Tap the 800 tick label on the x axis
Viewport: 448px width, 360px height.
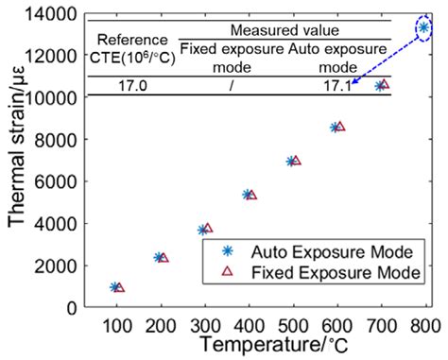click(425, 325)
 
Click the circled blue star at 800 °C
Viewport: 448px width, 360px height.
click(424, 27)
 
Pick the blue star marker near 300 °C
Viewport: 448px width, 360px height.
click(202, 230)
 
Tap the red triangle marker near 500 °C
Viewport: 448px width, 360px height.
click(296, 161)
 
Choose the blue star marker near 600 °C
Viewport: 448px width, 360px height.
click(335, 127)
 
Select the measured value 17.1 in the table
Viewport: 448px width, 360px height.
click(337, 85)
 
